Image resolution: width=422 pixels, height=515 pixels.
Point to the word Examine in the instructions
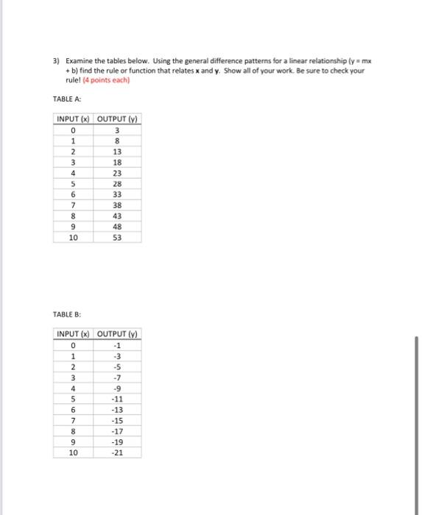pos(78,61)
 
